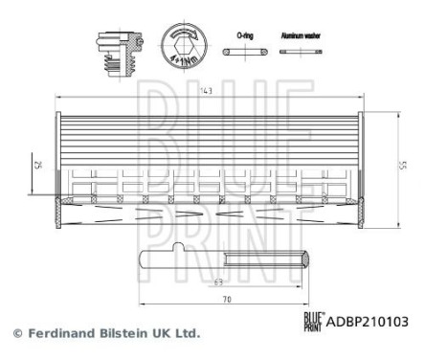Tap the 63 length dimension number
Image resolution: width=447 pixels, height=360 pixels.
219,281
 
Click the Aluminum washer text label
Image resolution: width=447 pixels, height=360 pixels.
300,34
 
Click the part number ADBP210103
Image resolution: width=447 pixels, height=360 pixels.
369,322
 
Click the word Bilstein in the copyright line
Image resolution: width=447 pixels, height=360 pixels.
123,334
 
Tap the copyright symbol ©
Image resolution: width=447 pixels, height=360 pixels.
16,334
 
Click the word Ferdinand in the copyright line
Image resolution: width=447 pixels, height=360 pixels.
59,334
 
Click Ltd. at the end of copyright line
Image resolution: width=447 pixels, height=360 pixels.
187,334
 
